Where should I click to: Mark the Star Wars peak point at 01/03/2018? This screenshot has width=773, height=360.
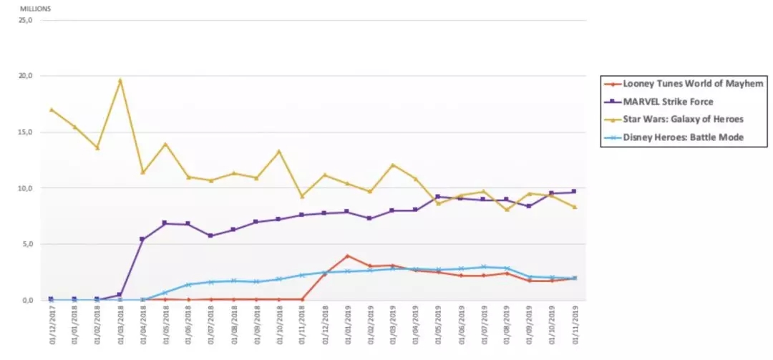[x=120, y=80]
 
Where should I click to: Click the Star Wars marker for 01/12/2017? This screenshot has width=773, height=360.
[x=51, y=110]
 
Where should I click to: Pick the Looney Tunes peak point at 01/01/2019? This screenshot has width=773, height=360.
[x=347, y=256]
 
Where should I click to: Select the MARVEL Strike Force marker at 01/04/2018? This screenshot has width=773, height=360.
[x=142, y=239]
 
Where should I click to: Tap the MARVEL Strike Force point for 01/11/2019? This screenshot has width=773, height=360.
[x=575, y=192]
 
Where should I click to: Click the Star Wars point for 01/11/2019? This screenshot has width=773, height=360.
[x=575, y=207]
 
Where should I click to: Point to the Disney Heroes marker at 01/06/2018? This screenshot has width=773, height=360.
[x=188, y=284]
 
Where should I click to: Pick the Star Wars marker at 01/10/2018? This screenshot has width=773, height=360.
[x=279, y=151]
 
